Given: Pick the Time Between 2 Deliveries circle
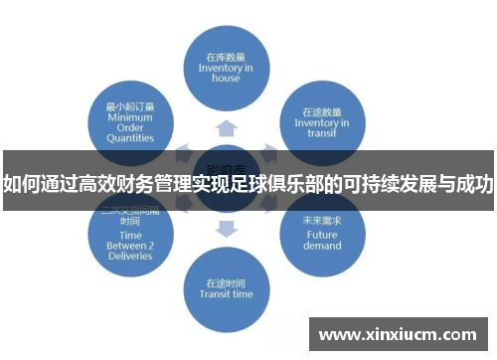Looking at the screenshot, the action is (127, 240).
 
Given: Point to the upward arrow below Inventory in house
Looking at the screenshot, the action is (227, 126).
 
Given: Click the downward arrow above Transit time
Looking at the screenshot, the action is (227, 230).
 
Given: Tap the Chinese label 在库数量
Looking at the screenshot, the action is (226, 57).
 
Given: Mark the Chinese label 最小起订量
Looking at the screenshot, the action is (129, 104).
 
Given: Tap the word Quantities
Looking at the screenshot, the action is (129, 138).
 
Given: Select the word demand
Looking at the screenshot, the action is (323, 245).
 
